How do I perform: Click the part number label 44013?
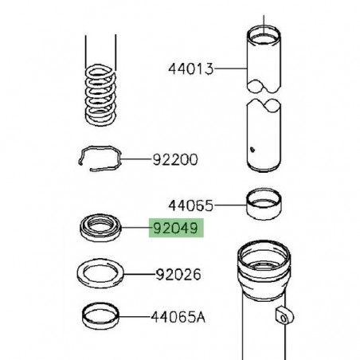(x=191, y=69)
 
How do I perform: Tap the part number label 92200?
(x=176, y=159)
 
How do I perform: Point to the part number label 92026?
(x=178, y=275)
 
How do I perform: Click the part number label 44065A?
(x=178, y=317)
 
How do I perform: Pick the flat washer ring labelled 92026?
(x=100, y=275)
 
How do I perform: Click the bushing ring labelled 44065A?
(x=101, y=315)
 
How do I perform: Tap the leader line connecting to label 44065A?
(x=135, y=317)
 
